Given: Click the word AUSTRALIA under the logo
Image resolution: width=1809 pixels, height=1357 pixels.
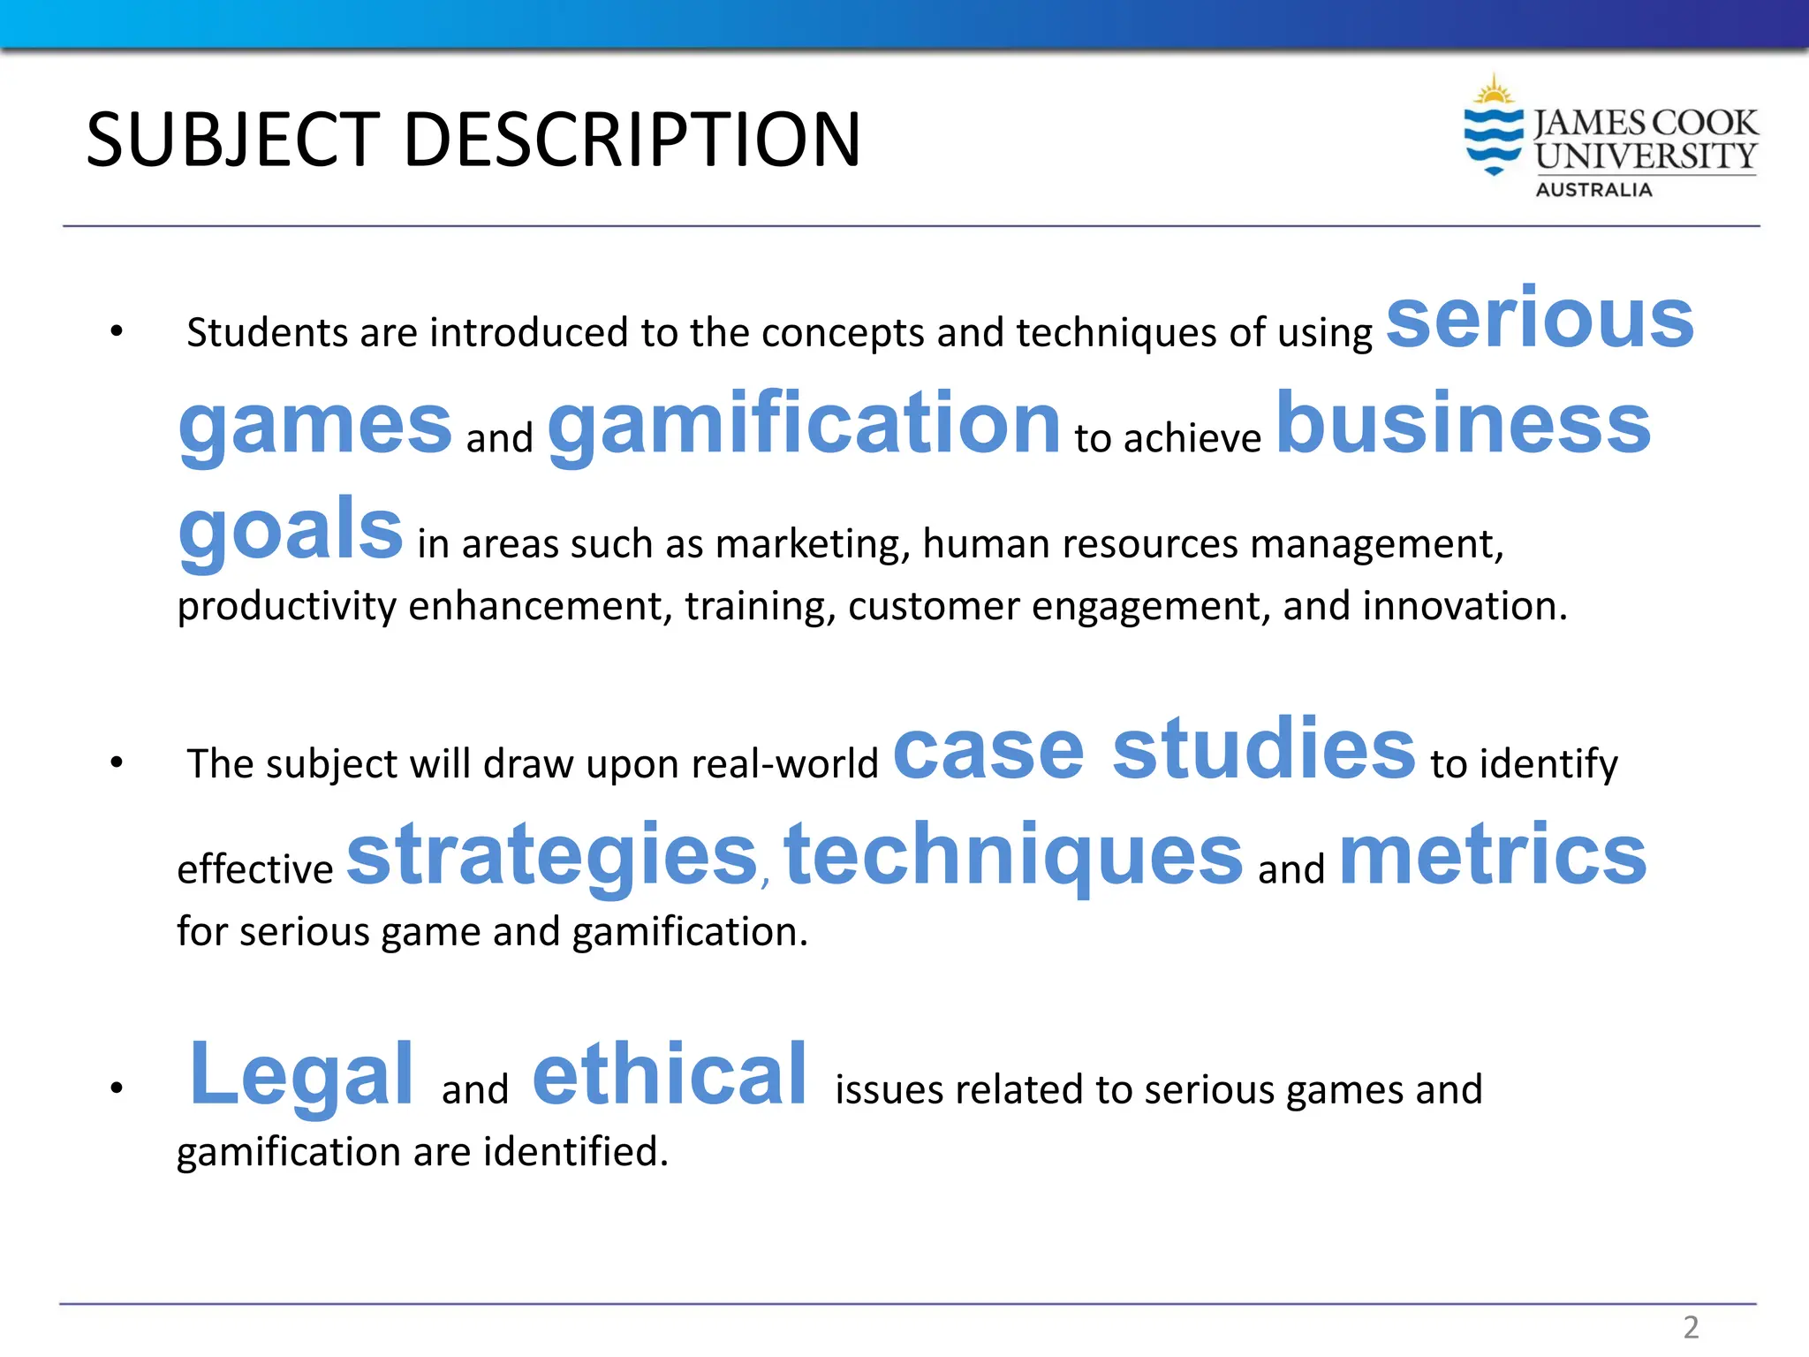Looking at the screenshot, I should tap(1593, 190).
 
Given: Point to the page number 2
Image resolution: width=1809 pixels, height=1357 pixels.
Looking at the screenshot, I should tap(1691, 1327).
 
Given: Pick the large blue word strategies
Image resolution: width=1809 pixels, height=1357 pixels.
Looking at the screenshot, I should tap(552, 854).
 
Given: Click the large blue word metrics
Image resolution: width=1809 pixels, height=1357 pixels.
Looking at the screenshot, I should tap(1493, 854).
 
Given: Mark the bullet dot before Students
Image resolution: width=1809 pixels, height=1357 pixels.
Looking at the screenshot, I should tap(117, 332).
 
